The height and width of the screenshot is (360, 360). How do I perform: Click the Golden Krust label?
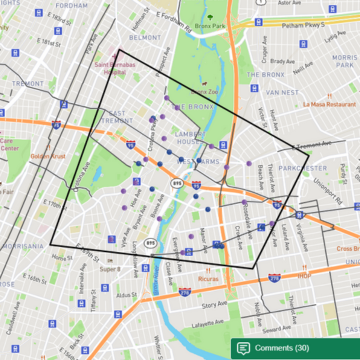click(x=46, y=156)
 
